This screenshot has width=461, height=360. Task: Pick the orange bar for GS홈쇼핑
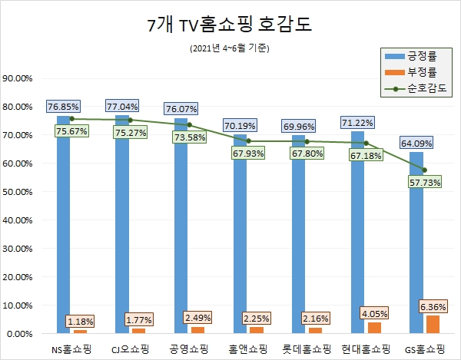pyautogui.click(x=433, y=325)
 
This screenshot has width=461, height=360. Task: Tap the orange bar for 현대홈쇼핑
pyautogui.click(x=373, y=328)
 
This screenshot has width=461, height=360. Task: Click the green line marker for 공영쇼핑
pyautogui.click(x=189, y=124)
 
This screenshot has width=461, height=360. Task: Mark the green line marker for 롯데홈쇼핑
pyautogui.click(x=307, y=141)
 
